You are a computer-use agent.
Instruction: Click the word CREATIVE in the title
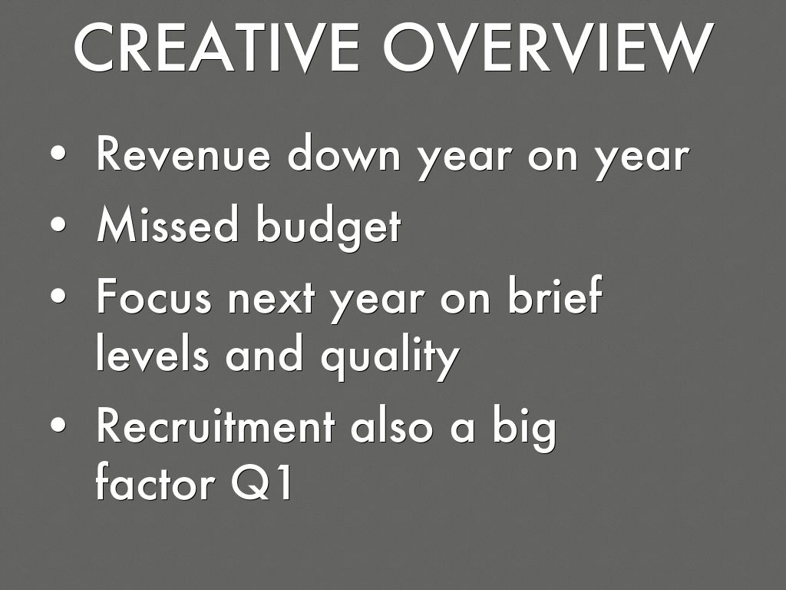(x=216, y=48)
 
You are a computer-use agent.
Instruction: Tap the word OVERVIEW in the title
(x=549, y=48)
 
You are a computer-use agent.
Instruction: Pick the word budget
(x=329, y=227)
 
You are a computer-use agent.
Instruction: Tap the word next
(x=272, y=300)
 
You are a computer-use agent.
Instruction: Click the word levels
(x=152, y=352)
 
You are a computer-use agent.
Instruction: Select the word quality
(x=390, y=356)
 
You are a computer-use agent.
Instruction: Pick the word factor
(x=155, y=481)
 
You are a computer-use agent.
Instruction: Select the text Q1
(x=262, y=482)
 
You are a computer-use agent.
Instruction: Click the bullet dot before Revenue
(x=58, y=153)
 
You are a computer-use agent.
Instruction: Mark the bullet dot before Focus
(x=58, y=296)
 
